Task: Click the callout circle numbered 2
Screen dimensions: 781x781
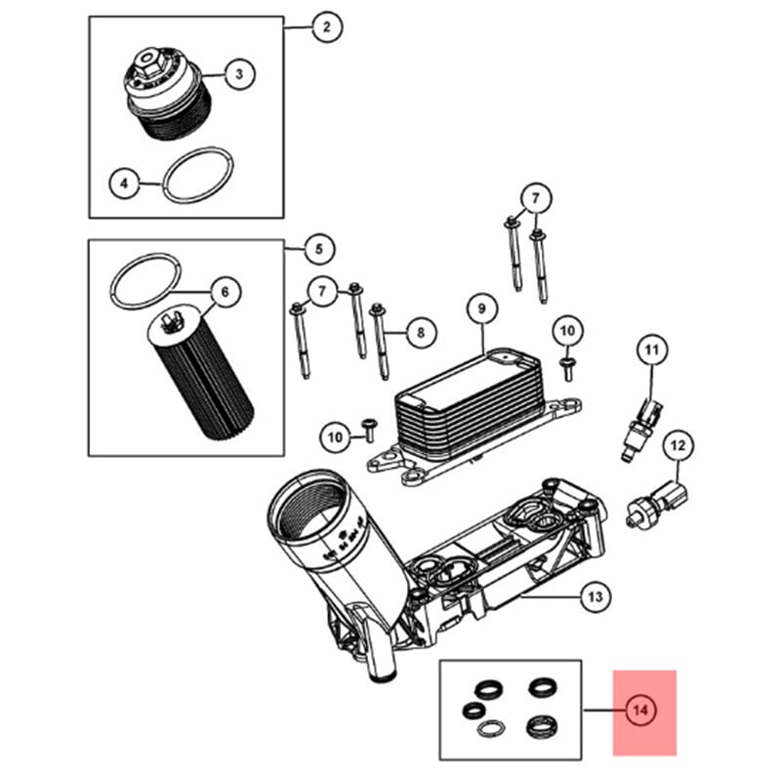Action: (326, 27)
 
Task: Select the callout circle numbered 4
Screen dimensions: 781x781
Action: (124, 182)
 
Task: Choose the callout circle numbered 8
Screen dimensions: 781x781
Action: (420, 333)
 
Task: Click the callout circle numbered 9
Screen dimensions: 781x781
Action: (481, 309)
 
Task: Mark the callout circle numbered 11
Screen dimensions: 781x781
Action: (651, 349)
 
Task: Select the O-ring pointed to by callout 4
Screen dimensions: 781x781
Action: (198, 177)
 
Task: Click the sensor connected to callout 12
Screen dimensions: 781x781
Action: (660, 494)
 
